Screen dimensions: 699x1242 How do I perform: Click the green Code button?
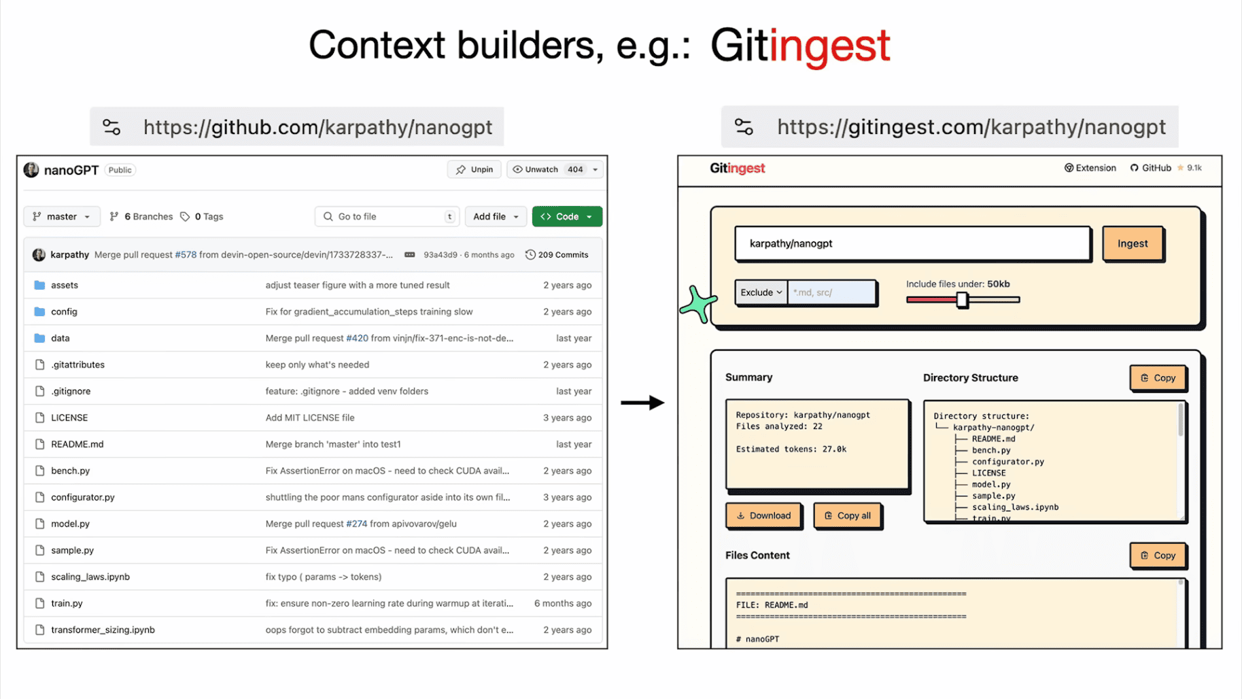pyautogui.click(x=566, y=216)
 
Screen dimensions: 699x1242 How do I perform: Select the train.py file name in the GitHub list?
pyautogui.click(x=67, y=603)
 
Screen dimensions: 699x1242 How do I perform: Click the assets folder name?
pyautogui.click(x=65, y=285)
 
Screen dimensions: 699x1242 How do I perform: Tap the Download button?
pyautogui.click(x=763, y=515)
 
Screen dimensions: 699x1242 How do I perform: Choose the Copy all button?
pyautogui.click(x=847, y=515)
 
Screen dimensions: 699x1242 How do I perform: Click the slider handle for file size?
pyautogui.click(x=962, y=299)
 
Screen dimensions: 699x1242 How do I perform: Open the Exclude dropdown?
pyautogui.click(x=761, y=292)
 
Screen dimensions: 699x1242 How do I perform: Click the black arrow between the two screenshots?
pyautogui.click(x=642, y=403)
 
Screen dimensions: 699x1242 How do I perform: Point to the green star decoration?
pyautogui.click(x=698, y=305)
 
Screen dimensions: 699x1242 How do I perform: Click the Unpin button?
pyautogui.click(x=475, y=169)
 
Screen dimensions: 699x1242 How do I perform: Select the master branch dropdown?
pyautogui.click(x=62, y=216)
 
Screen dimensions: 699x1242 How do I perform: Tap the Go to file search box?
pyautogui.click(x=387, y=216)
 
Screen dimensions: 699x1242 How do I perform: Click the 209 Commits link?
pyautogui.click(x=557, y=255)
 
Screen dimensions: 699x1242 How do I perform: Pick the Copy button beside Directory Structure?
pyautogui.click(x=1158, y=378)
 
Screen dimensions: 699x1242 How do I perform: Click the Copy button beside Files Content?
pyautogui.click(x=1158, y=556)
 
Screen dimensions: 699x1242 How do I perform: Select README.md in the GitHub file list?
pyautogui.click(x=77, y=444)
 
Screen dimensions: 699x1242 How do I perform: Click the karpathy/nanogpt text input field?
pyautogui.click(x=912, y=243)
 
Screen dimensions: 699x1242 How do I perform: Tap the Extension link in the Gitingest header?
pyautogui.click(x=1090, y=168)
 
